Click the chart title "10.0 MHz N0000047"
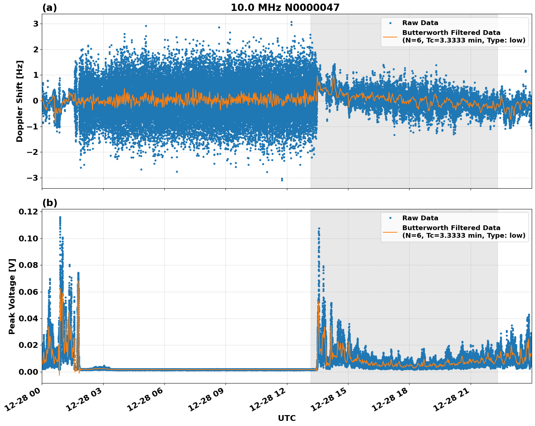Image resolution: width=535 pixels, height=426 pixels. pyautogui.click(x=285, y=8)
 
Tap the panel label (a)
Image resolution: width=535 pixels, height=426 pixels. pyautogui.click(x=49, y=8)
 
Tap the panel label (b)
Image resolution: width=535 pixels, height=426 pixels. pyautogui.click(x=49, y=203)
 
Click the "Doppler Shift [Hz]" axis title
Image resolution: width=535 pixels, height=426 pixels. pyautogui.click(x=20, y=101)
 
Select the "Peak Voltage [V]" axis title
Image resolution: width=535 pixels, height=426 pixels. pyautogui.click(x=12, y=296)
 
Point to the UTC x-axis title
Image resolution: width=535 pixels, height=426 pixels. pyautogui.click(x=287, y=418)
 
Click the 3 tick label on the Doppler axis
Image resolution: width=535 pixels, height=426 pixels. pyautogui.click(x=36, y=24)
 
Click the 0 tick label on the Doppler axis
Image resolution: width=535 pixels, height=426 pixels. pyautogui.click(x=36, y=101)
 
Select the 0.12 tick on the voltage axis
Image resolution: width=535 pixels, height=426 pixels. pyautogui.click(x=29, y=212)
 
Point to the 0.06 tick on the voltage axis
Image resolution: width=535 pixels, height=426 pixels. pyautogui.click(x=29, y=292)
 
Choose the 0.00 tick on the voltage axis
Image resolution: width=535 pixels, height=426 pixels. pyautogui.click(x=29, y=371)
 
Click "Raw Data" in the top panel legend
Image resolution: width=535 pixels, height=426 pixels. pyautogui.click(x=420, y=23)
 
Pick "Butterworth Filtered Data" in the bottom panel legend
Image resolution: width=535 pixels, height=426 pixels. pyautogui.click(x=451, y=228)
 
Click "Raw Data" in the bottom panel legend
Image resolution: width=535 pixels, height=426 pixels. pyautogui.click(x=420, y=218)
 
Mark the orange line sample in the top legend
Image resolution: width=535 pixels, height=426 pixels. pyautogui.click(x=390, y=36)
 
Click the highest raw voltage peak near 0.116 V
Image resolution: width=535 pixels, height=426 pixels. pyautogui.click(x=60, y=217)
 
